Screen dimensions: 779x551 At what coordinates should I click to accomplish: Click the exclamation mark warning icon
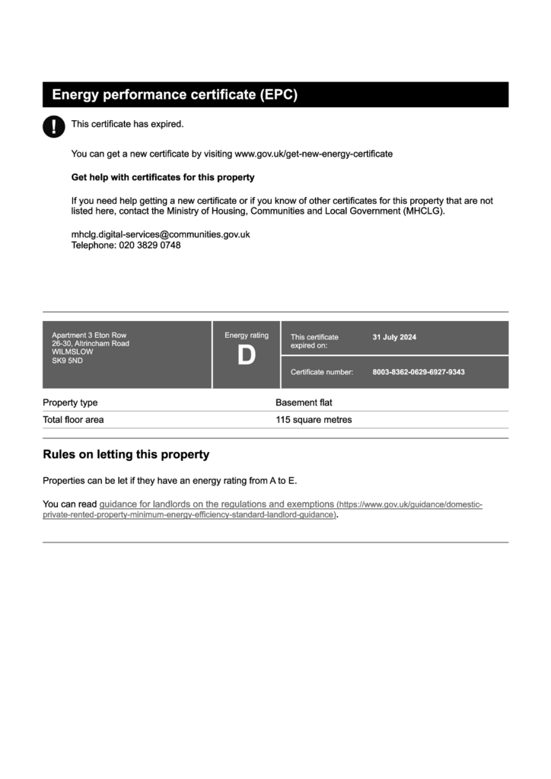(53, 126)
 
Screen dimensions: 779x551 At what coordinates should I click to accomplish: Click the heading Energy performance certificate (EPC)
(174, 95)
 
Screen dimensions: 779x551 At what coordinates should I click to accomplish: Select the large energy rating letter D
(247, 356)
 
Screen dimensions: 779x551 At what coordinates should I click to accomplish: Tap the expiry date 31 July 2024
(394, 337)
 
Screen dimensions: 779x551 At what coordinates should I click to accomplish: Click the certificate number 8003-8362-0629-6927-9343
(418, 372)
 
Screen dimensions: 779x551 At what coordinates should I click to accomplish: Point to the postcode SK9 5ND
(67, 361)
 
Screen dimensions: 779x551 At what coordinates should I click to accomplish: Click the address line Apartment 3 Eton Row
(89, 335)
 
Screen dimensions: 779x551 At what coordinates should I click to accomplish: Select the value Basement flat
(304, 402)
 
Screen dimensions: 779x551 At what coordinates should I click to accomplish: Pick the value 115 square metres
(314, 419)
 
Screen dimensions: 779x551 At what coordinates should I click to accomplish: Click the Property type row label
(70, 402)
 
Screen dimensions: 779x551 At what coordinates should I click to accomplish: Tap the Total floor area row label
(73, 419)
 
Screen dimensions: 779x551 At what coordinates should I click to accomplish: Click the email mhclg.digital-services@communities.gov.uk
(161, 234)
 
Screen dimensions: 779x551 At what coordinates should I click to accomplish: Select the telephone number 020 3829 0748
(149, 245)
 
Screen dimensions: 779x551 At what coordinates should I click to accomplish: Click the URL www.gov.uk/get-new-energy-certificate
(314, 154)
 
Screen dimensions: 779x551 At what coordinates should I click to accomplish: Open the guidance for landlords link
(216, 504)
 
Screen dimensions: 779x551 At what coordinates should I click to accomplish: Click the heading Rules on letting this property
(126, 455)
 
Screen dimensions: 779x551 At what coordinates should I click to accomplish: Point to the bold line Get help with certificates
(163, 177)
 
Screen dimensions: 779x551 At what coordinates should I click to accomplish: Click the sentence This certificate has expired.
(127, 124)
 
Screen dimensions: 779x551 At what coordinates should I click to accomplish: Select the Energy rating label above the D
(247, 335)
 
